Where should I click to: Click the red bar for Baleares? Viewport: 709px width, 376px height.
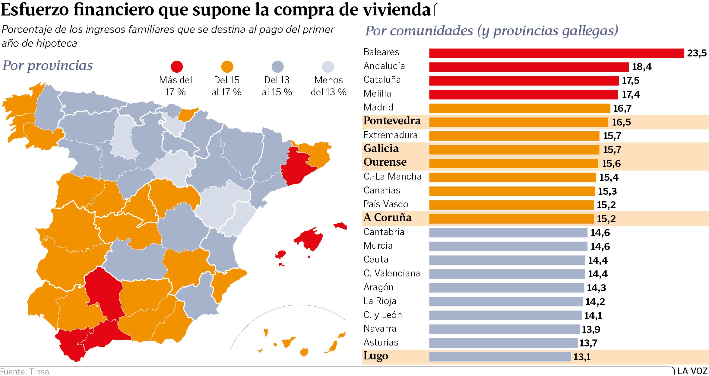click(556, 53)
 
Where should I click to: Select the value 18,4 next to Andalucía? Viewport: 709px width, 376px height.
click(641, 67)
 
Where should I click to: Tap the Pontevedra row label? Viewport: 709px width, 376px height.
click(392, 121)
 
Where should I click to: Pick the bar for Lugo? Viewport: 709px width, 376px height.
click(500, 357)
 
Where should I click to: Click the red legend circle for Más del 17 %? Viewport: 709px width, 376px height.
click(176, 67)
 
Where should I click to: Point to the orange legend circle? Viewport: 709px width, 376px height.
click(227, 67)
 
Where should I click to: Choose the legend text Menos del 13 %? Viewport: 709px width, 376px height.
click(328, 86)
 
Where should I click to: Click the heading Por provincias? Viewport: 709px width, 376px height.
click(48, 65)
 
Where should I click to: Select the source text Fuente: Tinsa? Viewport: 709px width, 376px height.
click(25, 371)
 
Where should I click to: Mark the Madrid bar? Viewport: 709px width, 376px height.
click(519, 108)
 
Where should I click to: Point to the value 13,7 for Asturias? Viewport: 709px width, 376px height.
click(588, 343)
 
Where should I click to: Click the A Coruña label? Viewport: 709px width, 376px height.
click(387, 218)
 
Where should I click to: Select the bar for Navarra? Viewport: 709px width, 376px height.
click(504, 329)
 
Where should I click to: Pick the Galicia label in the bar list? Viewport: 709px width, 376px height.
click(381, 148)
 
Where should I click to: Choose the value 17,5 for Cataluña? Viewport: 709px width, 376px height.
click(630, 81)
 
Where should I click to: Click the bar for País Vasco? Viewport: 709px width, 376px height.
click(511, 205)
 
